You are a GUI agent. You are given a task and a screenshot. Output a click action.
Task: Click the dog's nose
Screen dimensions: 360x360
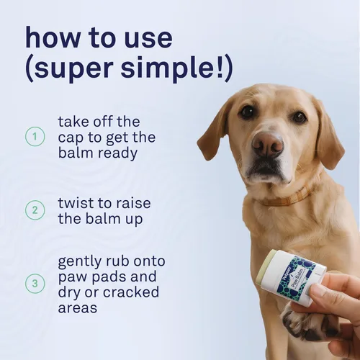[268, 145]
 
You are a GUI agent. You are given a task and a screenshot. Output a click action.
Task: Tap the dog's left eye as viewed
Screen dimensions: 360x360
[248, 112]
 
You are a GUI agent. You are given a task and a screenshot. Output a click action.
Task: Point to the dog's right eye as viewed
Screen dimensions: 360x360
[298, 117]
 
